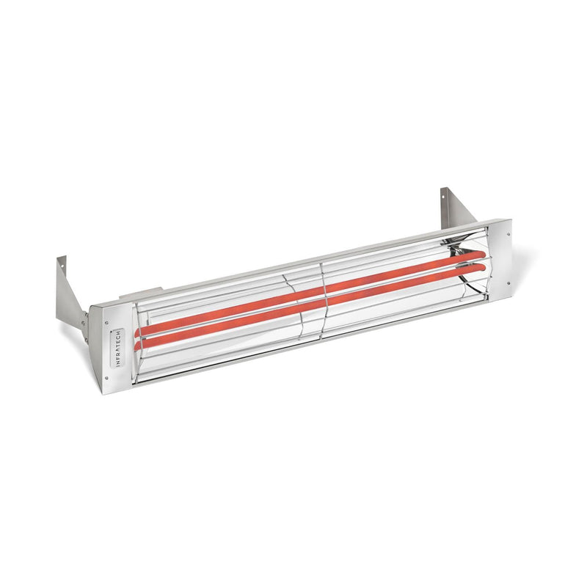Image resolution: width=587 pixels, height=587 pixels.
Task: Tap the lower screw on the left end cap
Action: point(107,379)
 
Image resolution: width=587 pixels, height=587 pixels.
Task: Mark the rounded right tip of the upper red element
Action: point(481,254)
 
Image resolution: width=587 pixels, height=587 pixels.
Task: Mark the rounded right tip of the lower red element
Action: point(482,266)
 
